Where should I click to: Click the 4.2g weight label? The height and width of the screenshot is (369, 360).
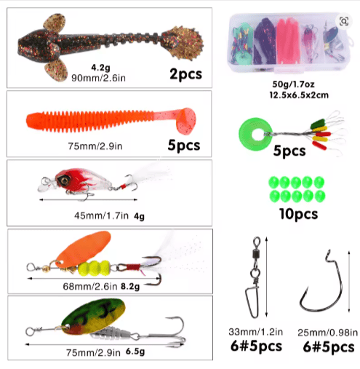coord(100,67)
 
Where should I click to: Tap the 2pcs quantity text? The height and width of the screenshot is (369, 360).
coord(185,74)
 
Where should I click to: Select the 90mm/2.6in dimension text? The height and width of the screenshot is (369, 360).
coord(98,78)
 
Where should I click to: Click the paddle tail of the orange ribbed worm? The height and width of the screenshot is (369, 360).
coord(185,120)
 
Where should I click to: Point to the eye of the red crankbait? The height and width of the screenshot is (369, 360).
coord(65,180)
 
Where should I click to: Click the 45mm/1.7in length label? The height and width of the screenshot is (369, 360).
coord(101,215)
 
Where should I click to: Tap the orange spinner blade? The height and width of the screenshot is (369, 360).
coord(83,249)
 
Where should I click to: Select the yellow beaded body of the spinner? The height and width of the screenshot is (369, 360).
coord(95,268)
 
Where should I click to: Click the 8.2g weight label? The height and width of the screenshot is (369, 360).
coord(130,287)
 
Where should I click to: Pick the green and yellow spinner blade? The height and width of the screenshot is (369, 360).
coord(93,316)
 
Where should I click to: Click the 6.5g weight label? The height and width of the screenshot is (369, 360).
coord(135,352)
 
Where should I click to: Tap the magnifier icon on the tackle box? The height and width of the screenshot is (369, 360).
coord(344,21)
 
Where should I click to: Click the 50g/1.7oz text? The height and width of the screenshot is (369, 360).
coord(293,84)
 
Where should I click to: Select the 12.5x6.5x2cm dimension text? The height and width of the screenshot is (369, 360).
coord(299,95)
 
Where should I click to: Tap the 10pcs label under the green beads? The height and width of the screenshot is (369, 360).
coord(298,214)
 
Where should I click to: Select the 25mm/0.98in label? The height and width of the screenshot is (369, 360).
coord(327,333)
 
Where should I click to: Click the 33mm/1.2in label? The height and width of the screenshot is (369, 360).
coord(256,332)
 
